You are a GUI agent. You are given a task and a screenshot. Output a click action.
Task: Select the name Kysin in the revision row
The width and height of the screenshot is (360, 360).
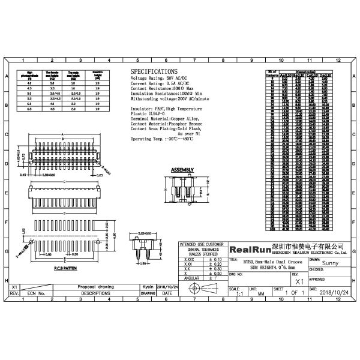[x=147, y=287]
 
